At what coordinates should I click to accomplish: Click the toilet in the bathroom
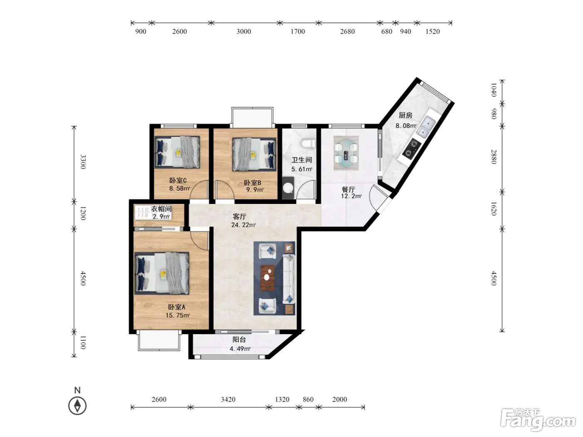click(x=308, y=144)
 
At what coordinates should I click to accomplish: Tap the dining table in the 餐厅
click(x=346, y=153)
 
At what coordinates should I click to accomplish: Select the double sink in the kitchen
click(x=426, y=127)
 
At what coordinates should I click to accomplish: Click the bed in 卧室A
click(x=162, y=273)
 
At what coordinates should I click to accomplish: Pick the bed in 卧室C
click(x=177, y=152)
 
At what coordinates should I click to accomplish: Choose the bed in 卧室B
click(x=254, y=154)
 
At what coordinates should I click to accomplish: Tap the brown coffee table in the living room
click(x=267, y=278)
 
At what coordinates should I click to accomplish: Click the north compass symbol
click(x=77, y=405)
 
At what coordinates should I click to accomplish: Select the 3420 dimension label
click(x=228, y=399)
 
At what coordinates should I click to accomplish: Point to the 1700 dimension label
click(x=297, y=31)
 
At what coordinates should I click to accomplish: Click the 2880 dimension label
click(x=493, y=157)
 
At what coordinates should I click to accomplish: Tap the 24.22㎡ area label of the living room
click(x=243, y=225)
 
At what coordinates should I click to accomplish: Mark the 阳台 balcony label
click(x=239, y=339)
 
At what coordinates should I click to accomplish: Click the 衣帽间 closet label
click(x=161, y=209)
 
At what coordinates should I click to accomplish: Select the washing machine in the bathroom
click(x=288, y=188)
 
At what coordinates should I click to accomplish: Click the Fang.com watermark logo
click(x=538, y=420)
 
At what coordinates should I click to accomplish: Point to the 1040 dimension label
click(x=493, y=90)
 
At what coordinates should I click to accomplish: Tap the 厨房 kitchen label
click(x=405, y=115)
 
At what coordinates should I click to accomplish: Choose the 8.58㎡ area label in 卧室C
click(x=179, y=189)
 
